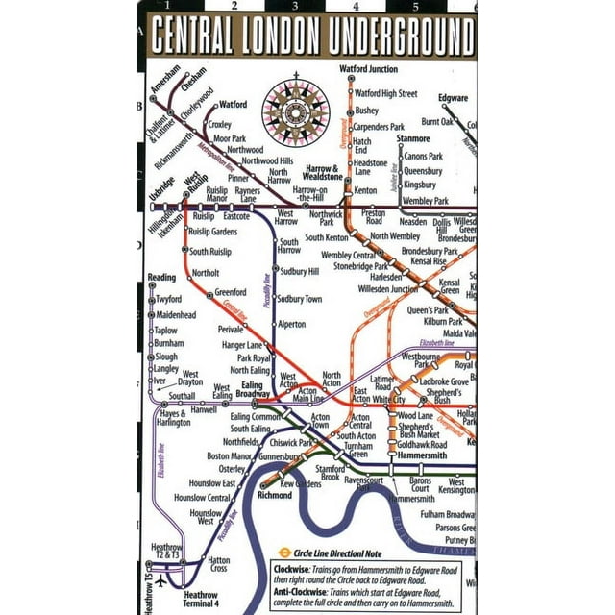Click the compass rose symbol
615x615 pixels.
point(295,112)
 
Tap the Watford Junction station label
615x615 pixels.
point(368,69)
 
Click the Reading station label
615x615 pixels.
point(161,278)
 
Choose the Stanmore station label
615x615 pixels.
point(413,139)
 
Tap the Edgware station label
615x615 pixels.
point(453,98)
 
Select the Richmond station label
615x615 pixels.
point(277,496)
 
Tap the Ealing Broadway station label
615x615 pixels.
point(253,390)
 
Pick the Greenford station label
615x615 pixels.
point(231,292)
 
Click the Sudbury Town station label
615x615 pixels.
point(300,299)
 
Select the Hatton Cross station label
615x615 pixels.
point(219,565)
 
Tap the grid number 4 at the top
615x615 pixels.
point(355,7)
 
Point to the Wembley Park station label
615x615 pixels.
point(426,201)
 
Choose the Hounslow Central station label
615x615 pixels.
point(203,498)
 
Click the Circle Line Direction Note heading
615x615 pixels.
point(340,553)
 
